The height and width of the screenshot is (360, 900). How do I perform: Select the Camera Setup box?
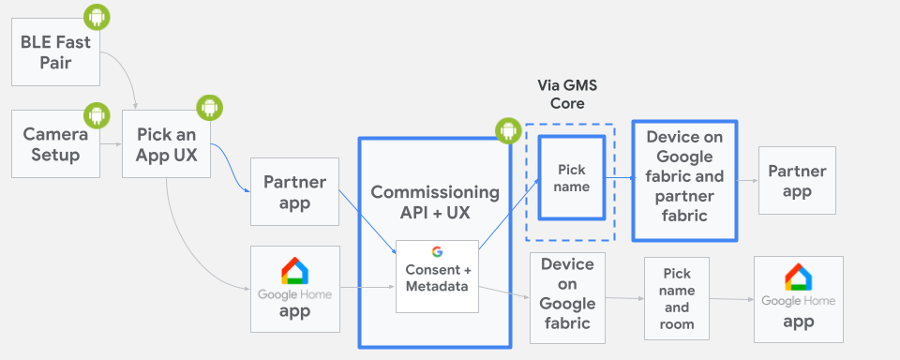point(55,143)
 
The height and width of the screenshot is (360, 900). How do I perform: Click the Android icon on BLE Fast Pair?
point(96,16)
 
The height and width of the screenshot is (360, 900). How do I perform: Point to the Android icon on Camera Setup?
point(96,115)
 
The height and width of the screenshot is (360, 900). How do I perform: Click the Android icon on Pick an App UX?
point(207,108)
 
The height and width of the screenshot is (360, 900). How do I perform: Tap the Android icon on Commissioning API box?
point(507,131)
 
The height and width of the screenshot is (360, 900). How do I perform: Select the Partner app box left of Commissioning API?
point(293,191)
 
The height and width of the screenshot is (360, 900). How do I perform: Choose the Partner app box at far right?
point(796,181)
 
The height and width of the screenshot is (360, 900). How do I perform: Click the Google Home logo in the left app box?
point(294,272)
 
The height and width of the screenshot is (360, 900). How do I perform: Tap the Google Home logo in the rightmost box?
point(798,277)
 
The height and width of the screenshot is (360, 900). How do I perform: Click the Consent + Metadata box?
point(437,277)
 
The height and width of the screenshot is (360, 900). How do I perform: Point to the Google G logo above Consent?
point(437,251)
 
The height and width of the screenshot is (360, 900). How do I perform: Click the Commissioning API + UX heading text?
point(435,202)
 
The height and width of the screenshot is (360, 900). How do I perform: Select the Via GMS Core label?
point(567,94)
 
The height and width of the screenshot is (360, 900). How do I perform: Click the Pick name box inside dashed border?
point(572,178)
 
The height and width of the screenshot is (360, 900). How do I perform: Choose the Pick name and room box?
point(676,298)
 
